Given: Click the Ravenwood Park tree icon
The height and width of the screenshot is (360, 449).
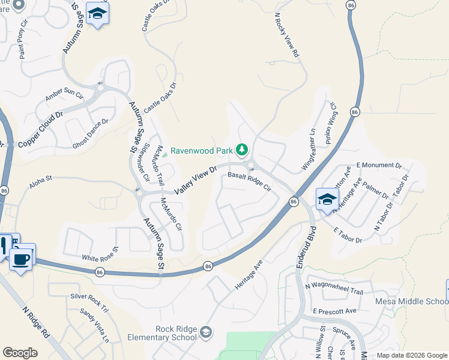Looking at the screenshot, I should pyautogui.click(x=242, y=149).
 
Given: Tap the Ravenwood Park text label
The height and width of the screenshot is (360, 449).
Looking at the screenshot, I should pyautogui.click(x=202, y=151).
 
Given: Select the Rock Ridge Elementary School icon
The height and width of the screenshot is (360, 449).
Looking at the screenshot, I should pyautogui.click(x=206, y=332).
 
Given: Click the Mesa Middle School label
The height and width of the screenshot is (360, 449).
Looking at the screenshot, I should pyautogui.click(x=412, y=301).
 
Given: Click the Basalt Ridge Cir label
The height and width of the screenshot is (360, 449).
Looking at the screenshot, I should pyautogui.click(x=250, y=181).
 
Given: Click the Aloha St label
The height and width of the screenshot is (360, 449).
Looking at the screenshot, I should pyautogui.click(x=41, y=178).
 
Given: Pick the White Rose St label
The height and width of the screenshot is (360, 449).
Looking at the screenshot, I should pyautogui.click(x=100, y=253).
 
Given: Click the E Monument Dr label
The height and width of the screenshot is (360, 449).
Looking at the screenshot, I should pyautogui.click(x=379, y=164).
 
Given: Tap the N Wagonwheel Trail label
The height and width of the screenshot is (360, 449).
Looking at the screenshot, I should pyautogui.click(x=334, y=291).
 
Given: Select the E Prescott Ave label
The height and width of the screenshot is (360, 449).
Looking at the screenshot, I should pyautogui.click(x=334, y=311).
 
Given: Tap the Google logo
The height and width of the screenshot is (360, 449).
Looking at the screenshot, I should pyautogui.click(x=20, y=353).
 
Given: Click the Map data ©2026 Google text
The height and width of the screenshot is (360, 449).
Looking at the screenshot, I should pyautogui.click(x=411, y=355).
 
